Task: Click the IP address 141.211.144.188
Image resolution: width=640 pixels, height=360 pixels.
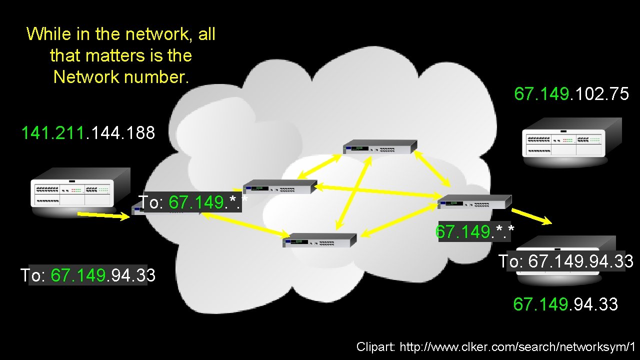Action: [x=88, y=133]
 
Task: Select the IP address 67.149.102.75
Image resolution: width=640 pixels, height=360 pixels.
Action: [x=571, y=94]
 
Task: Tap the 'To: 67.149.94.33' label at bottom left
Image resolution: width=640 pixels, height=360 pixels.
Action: [x=88, y=275]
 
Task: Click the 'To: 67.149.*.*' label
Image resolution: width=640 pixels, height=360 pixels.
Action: [x=192, y=202]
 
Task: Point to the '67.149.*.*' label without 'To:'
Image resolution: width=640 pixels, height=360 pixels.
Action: [x=475, y=232]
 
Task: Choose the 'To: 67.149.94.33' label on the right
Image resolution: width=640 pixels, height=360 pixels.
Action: [x=566, y=261]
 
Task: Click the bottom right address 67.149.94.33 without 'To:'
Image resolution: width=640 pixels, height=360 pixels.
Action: [x=565, y=304]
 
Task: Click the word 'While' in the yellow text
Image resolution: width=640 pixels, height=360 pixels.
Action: [x=48, y=34]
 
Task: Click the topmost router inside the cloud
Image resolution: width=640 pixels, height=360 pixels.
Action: [x=379, y=147]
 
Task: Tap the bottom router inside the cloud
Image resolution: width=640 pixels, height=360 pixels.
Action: [x=319, y=240]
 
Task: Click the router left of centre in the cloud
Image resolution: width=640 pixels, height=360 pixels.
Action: [x=279, y=186]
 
